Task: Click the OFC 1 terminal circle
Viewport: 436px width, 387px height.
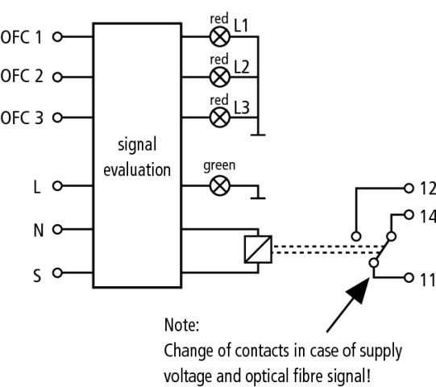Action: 57,36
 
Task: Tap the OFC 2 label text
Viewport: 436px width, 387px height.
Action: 22,76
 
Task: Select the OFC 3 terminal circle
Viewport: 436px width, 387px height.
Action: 57,118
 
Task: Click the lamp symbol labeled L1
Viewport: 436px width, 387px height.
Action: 220,36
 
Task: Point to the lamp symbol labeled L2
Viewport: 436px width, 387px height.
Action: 220,77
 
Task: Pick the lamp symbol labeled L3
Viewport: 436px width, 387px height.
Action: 220,118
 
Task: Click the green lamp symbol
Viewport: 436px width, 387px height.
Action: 220,185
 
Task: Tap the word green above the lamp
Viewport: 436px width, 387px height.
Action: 219,166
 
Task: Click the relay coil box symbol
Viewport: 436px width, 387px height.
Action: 258,249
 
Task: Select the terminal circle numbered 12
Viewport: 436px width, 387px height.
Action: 409,189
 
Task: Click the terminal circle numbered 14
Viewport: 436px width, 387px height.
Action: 409,214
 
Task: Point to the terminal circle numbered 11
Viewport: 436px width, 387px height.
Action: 409,277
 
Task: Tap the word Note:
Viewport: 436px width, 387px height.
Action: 181,325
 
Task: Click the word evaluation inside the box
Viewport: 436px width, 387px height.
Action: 137,169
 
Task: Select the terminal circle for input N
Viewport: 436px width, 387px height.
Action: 57,229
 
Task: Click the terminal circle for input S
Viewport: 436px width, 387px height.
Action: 57,273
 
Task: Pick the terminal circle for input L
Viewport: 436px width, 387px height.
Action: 57,185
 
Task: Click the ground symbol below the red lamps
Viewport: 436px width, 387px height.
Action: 258,135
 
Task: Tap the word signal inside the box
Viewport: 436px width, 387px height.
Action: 137,144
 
